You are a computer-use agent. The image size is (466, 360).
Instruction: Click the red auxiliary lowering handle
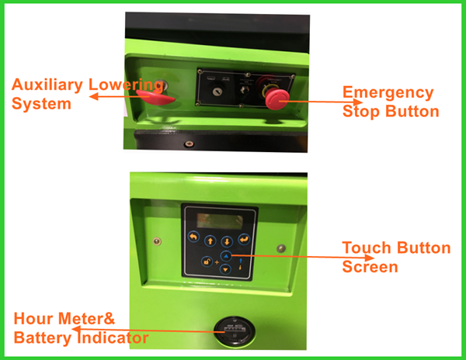click(155, 97)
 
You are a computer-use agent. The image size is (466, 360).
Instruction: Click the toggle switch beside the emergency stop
click(244, 90)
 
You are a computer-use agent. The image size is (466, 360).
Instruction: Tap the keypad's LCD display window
click(220, 221)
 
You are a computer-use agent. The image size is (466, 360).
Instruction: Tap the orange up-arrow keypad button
click(210, 241)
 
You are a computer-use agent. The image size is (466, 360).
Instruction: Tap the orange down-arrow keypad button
click(227, 241)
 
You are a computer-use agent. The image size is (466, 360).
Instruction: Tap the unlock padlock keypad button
click(207, 261)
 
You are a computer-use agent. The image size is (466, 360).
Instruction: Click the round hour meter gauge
click(235, 331)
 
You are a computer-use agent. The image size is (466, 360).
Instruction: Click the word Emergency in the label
click(388, 93)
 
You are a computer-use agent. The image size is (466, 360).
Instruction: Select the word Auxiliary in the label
click(47, 85)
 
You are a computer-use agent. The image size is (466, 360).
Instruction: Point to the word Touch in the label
click(366, 247)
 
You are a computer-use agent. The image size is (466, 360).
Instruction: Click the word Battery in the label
click(43, 338)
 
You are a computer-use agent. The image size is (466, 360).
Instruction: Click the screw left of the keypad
click(157, 241)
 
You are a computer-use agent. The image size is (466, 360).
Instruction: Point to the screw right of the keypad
click(281, 248)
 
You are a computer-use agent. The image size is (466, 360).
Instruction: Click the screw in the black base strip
click(189, 144)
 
